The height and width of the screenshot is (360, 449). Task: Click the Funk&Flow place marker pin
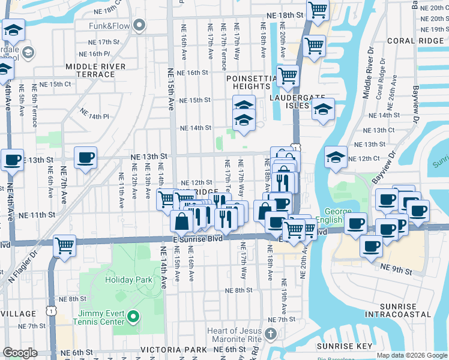tap(140, 25)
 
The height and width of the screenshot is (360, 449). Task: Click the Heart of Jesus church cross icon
tap(271, 333)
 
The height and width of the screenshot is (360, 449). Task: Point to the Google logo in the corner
tap(20, 353)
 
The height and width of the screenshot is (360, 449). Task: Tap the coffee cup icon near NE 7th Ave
tap(85, 158)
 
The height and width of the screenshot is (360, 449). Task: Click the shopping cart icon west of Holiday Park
tap(64, 245)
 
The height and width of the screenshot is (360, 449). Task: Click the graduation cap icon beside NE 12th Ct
tap(335, 157)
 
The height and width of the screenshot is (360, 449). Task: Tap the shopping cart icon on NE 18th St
tap(318, 10)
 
